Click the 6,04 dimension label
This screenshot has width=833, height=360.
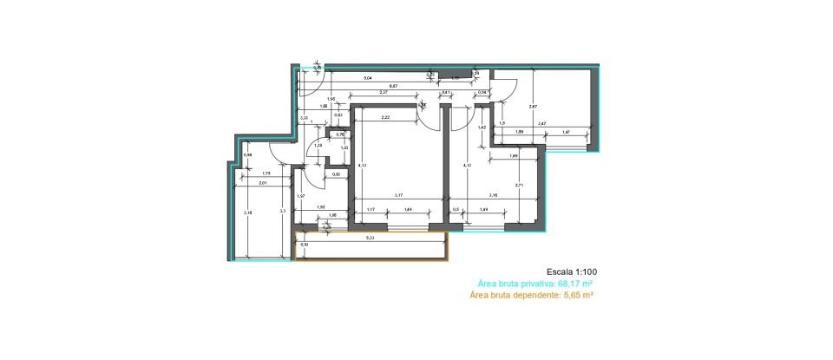pyautogui.click(x=367, y=78)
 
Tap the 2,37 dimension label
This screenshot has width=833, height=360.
pyautogui.click(x=383, y=93)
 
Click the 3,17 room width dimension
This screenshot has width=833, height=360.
pyautogui.click(x=400, y=195)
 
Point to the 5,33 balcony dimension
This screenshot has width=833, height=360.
pyautogui.click(x=370, y=238)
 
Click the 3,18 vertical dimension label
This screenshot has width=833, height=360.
pyautogui.click(x=247, y=213)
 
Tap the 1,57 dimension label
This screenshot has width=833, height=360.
pyautogui.click(x=300, y=197)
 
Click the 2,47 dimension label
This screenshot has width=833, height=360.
pyautogui.click(x=542, y=124)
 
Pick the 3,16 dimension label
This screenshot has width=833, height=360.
pyautogui.click(x=493, y=195)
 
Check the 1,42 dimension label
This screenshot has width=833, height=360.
pyautogui.click(x=482, y=128)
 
